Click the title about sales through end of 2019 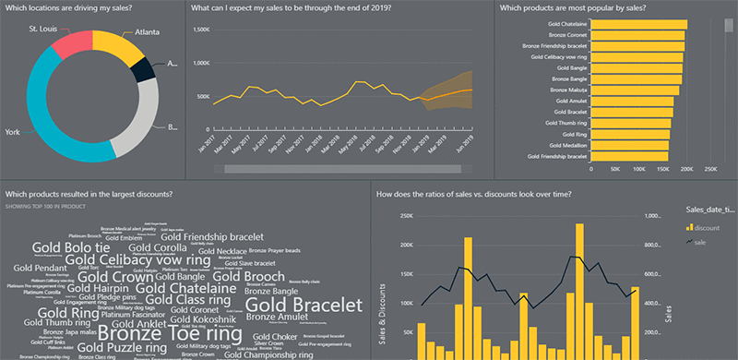291,8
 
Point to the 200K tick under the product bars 684,169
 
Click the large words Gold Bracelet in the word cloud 304,306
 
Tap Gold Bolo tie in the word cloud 71,247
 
